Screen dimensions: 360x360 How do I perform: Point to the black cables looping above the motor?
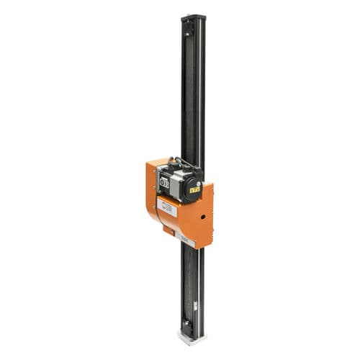(x=180, y=161)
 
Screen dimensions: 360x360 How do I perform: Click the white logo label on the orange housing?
(x=167, y=210)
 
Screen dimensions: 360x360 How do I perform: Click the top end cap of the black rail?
(x=193, y=16)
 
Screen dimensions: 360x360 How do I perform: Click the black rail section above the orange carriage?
(x=192, y=94)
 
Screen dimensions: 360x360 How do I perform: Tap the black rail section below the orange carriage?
(x=192, y=281)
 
